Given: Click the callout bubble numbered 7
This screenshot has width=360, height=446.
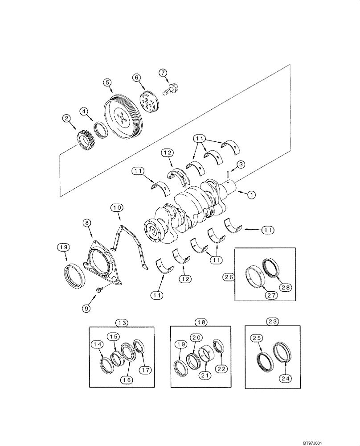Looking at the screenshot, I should point(163,72).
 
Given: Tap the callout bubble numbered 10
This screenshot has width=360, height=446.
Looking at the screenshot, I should point(117,207).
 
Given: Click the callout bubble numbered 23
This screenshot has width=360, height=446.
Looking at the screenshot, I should point(271,322).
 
